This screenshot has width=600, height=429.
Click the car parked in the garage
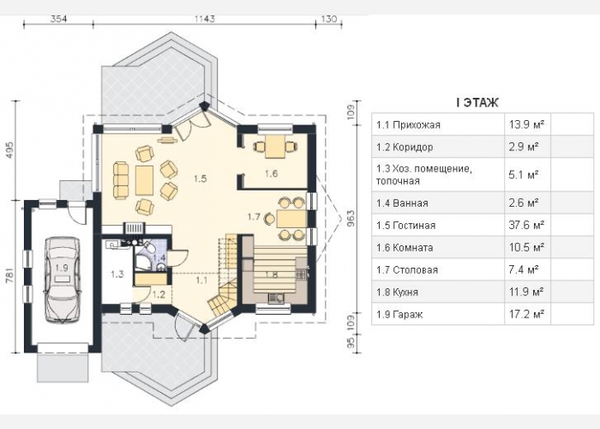point(63,280)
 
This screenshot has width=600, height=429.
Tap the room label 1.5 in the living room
point(200,178)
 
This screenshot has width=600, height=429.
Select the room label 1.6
point(271,173)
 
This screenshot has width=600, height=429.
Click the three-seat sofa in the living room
point(121,180)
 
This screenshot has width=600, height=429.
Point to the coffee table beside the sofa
point(144,180)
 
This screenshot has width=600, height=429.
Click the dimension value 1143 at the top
point(205,19)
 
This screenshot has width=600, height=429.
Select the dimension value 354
point(58,19)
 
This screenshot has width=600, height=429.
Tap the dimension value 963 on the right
point(351,219)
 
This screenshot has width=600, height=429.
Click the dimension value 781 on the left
point(10,276)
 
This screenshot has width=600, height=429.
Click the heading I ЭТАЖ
point(477,103)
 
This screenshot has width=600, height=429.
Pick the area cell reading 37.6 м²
point(526,225)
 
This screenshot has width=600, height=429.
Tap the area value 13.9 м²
point(526,124)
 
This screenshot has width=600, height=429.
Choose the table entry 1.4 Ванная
point(402,203)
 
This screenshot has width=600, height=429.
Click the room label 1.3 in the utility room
point(117,275)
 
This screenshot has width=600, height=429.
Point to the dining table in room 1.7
point(292,219)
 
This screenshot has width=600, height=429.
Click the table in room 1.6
point(275,147)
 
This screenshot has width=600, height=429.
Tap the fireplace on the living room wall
point(134,228)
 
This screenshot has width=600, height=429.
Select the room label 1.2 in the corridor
point(159,294)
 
